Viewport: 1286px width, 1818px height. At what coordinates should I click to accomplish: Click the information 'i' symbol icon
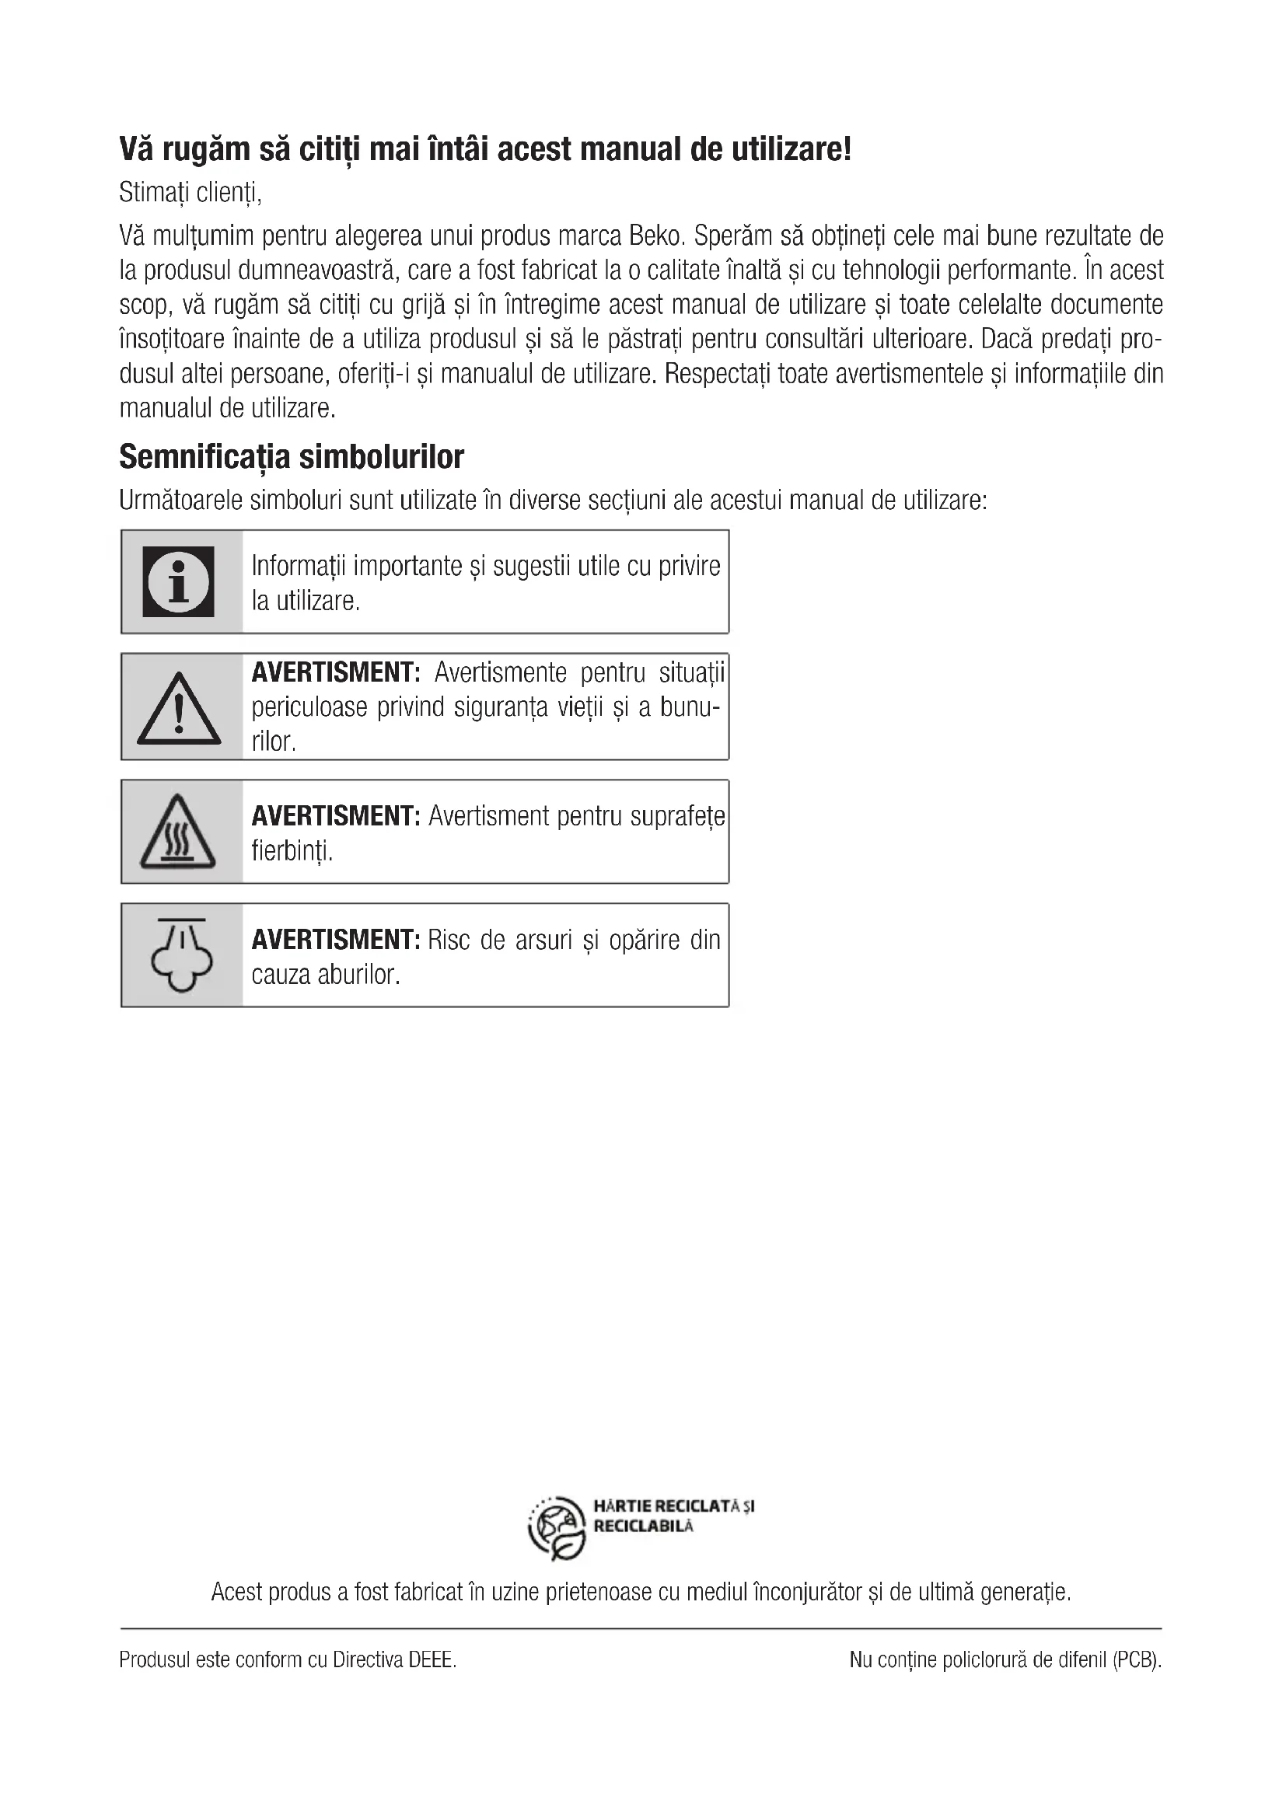[x=178, y=582]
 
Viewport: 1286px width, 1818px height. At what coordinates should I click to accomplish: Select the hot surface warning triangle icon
[x=178, y=832]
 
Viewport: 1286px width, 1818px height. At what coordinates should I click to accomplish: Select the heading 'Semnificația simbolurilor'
[x=292, y=457]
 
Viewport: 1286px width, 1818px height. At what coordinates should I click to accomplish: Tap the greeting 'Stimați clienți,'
[x=190, y=193]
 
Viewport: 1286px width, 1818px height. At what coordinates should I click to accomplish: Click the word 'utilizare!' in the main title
[x=791, y=150]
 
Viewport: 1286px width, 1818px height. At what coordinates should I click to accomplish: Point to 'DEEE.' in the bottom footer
[x=432, y=1659]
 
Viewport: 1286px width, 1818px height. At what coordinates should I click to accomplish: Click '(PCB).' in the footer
[x=1137, y=1659]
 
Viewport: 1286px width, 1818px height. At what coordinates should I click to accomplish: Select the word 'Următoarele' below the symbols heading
[x=180, y=501]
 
